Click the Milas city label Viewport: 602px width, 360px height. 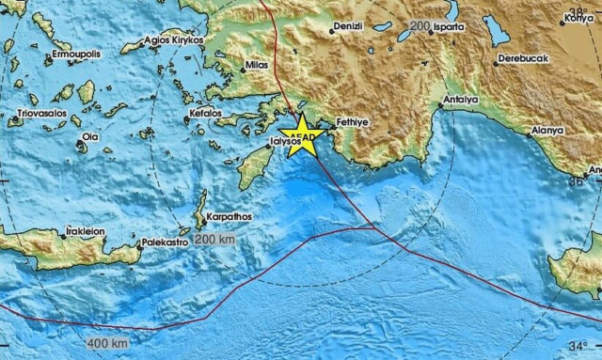click(257, 67)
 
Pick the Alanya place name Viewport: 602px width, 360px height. click(546, 129)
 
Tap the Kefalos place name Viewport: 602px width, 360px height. click(205, 112)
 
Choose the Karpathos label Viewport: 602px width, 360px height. click(230, 215)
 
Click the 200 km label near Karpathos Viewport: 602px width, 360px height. click(217, 240)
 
